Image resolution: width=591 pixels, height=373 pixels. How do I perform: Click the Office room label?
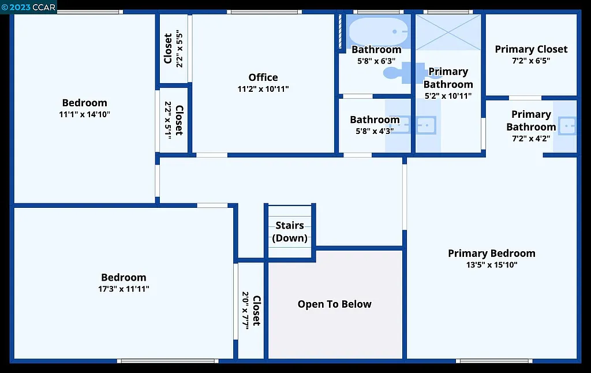[263, 77]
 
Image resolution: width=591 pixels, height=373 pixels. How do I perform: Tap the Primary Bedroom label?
[492, 253]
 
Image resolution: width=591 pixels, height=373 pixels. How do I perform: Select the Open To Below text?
[335, 304]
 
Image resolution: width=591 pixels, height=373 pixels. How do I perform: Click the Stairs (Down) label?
[290, 232]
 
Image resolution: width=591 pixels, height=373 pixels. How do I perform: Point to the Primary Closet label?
[531, 50]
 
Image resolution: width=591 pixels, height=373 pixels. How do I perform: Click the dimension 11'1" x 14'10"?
[85, 114]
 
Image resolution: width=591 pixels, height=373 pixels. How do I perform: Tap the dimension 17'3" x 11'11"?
[124, 289]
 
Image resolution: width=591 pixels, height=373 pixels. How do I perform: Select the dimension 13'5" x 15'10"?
[492, 265]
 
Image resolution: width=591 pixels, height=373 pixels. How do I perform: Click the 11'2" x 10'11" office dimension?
[263, 89]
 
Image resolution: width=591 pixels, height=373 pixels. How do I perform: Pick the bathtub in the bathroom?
[379, 31]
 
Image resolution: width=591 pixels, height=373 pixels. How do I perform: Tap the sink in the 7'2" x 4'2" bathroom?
[568, 125]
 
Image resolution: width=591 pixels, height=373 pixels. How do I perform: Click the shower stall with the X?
[448, 32]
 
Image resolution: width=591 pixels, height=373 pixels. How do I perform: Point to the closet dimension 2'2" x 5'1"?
[168, 120]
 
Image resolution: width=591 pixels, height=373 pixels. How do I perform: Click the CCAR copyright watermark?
[29, 7]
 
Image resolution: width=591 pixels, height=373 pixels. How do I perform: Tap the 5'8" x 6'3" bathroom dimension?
[376, 61]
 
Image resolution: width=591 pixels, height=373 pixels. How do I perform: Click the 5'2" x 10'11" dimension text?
[448, 96]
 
